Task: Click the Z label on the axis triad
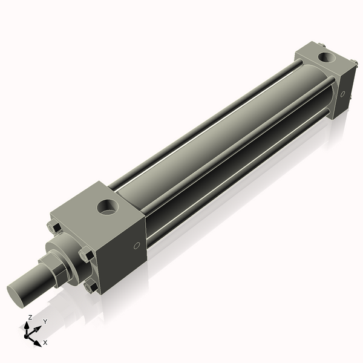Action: (x=30, y=317)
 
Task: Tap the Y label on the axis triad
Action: (x=45, y=322)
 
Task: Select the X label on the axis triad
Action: (x=45, y=342)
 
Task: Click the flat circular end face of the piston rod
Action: (x=18, y=293)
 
